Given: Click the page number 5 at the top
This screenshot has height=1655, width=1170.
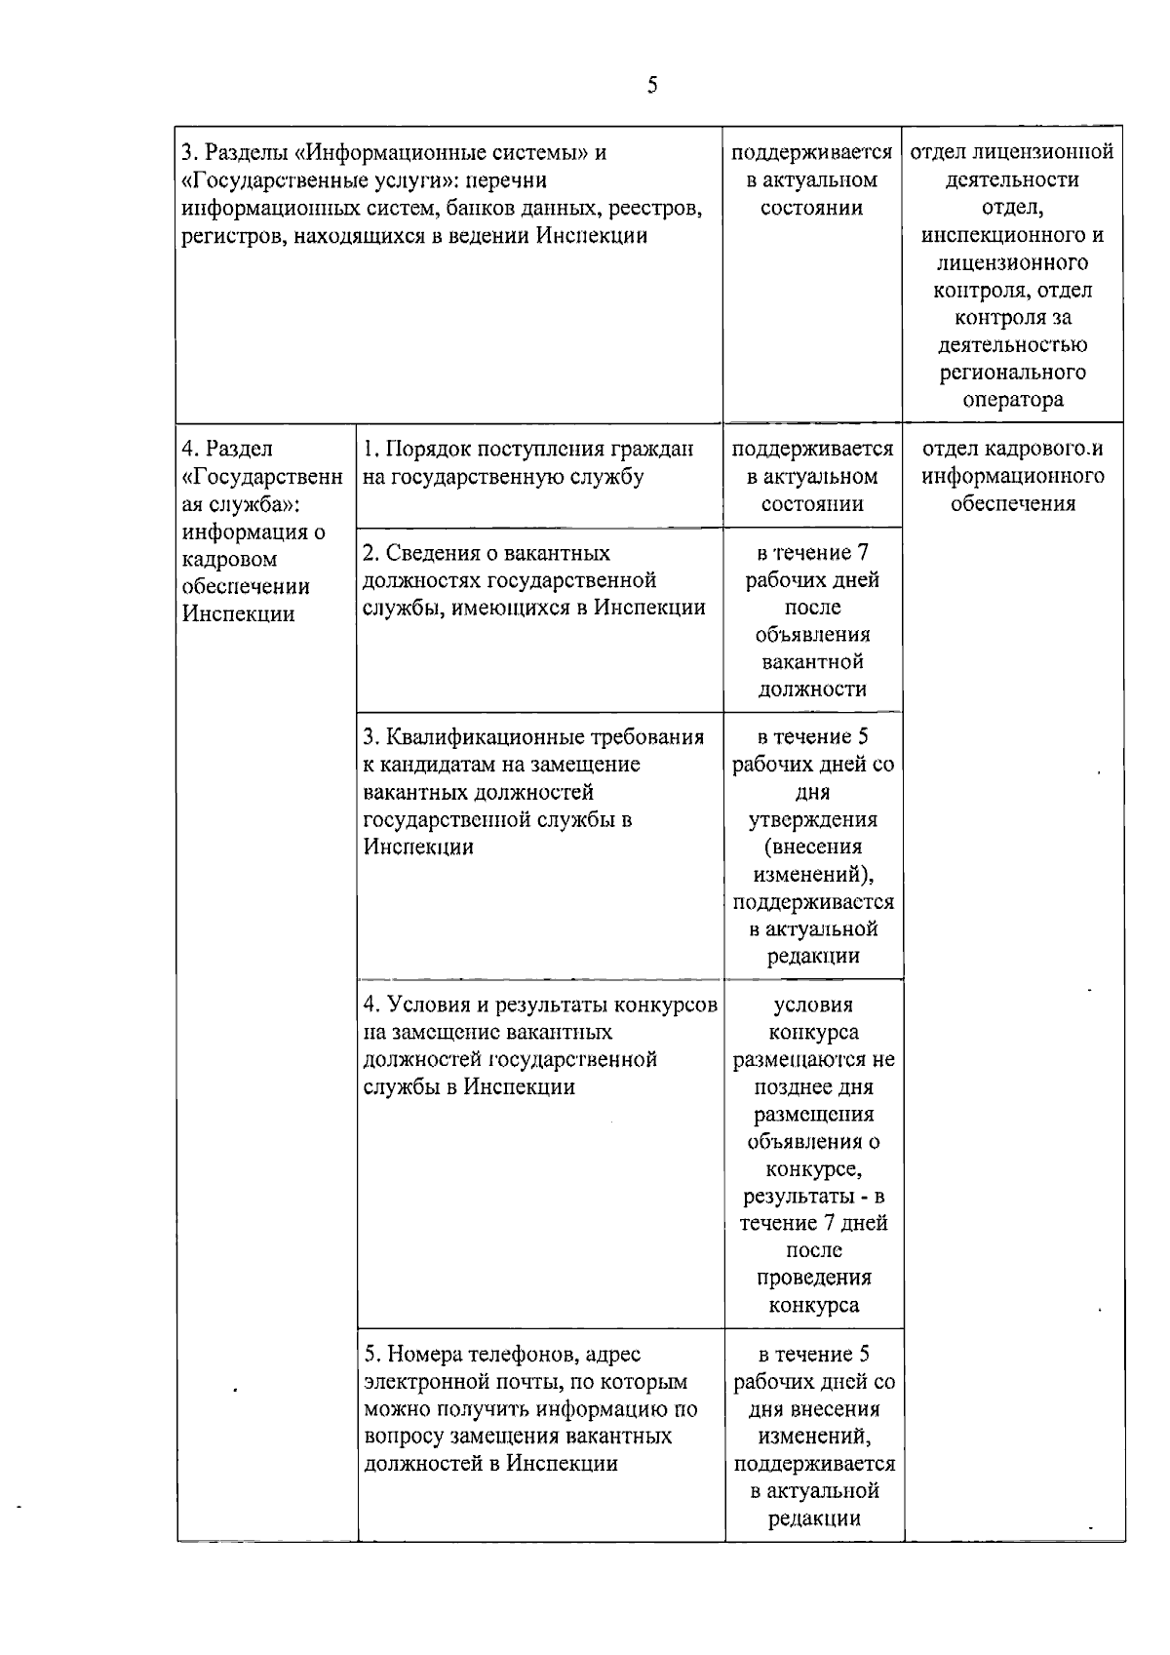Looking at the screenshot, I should pos(652,86).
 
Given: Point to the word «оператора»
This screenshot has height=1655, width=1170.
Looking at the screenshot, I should pos(1013,400).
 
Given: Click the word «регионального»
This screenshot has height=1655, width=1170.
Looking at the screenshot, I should pos(1013,373).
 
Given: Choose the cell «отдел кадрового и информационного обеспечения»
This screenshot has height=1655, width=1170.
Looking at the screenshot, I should pos(1013,476).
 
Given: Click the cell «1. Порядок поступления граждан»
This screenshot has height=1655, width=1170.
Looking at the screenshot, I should pos(529,463).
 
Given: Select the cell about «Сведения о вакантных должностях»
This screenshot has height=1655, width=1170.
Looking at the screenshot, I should pos(534,580).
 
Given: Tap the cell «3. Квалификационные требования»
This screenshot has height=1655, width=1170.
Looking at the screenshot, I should pos(534,791).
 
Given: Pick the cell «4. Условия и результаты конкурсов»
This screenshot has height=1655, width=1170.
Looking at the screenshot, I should pos(540,1045).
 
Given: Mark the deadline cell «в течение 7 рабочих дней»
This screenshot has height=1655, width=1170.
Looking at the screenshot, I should pos(812,621).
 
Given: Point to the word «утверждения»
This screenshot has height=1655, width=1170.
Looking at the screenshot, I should pos(812,819).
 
